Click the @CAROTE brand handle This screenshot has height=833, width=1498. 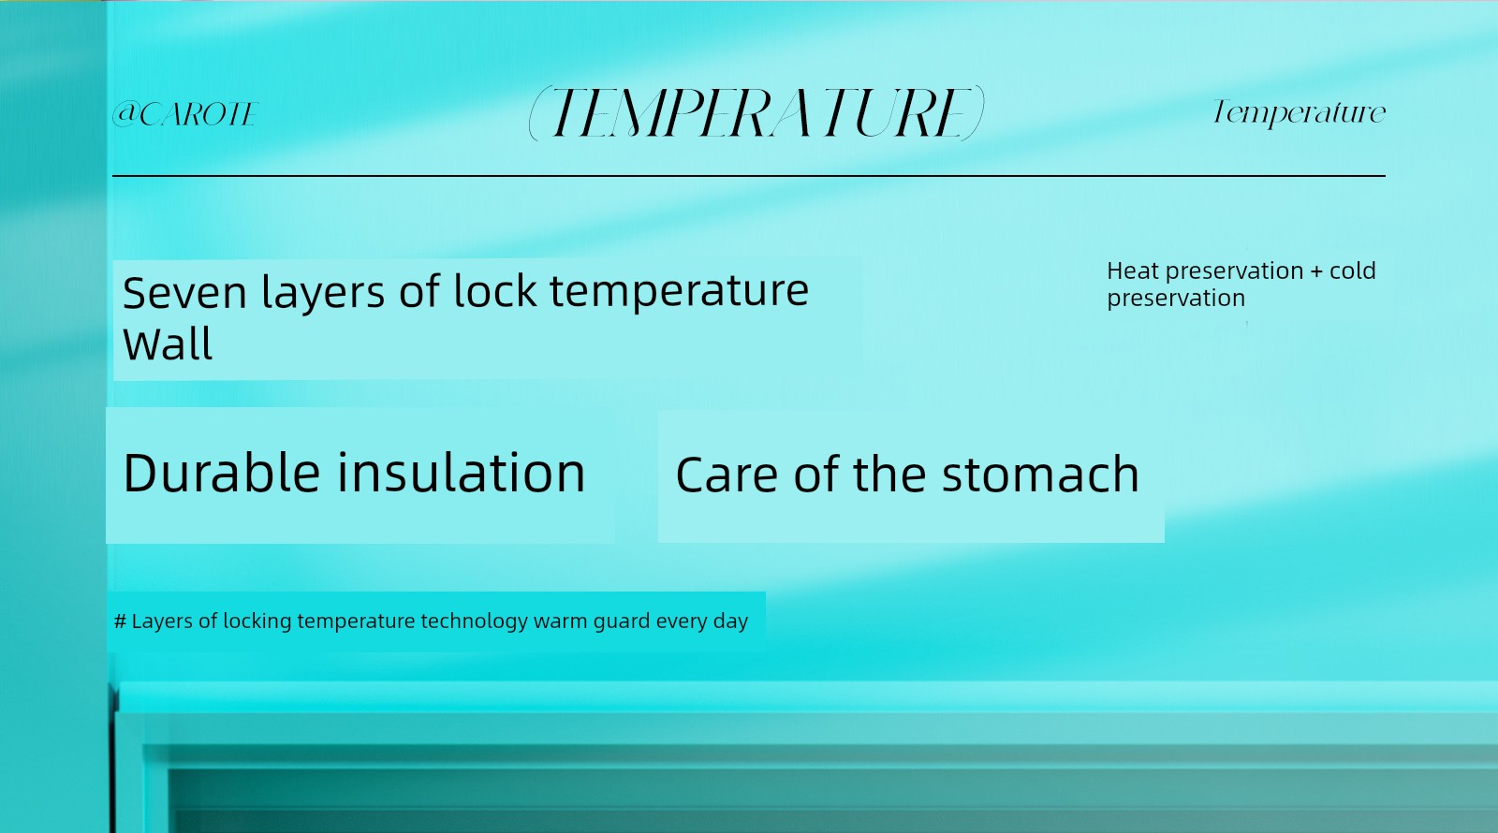[185, 113]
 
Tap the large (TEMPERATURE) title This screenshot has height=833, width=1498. [756, 113]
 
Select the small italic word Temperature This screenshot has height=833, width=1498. [1299, 112]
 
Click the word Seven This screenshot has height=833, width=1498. [184, 293]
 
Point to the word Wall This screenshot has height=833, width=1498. [168, 345]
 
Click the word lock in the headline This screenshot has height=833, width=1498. [495, 291]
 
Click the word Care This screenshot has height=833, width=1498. [727, 475]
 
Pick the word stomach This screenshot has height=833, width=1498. [1040, 475]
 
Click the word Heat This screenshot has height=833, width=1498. [1133, 270]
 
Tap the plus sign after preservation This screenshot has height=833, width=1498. [1316, 271]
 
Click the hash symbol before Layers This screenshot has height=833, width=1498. [121, 621]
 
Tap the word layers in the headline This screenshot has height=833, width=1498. [322, 293]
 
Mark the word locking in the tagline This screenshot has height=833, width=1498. [257, 621]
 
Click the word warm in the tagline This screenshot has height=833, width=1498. [561, 621]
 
